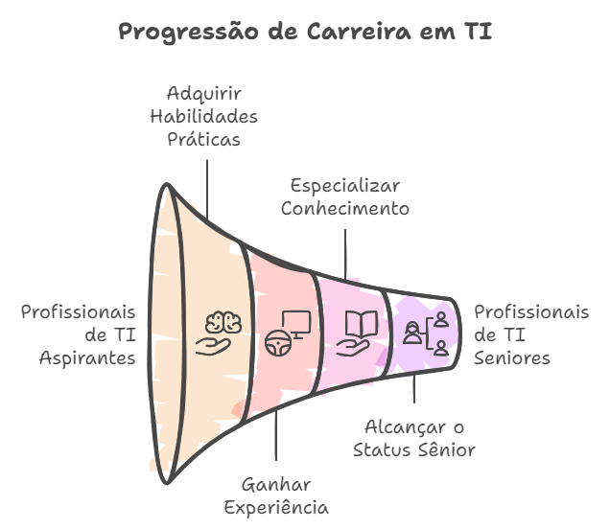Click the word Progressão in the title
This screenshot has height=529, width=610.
coord(189,32)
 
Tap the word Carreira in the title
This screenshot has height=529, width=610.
coord(359,31)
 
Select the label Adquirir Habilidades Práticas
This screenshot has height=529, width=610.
coord(204,117)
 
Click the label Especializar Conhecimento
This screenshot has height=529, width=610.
coord(345,197)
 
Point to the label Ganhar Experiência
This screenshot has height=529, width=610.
coord(276,496)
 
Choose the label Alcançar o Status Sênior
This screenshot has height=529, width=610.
coord(414,439)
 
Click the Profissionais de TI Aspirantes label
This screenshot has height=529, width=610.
coord(79,335)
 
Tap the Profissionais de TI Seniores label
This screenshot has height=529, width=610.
coord(531,335)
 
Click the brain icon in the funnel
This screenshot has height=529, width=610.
coord(223,322)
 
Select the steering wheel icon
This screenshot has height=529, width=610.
coord(278,343)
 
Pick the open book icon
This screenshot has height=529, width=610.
coord(362,324)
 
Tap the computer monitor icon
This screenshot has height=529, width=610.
coord(296,324)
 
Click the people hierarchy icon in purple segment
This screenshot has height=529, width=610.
coord(426,333)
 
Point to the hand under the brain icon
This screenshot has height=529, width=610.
coord(213,346)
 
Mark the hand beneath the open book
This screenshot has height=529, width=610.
coord(352,348)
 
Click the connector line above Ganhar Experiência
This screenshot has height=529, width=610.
coord(276,435)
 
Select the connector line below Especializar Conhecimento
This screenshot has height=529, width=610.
coord(345,254)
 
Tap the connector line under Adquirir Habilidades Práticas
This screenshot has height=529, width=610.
coord(207,190)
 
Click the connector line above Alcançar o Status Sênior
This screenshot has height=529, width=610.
coord(414,389)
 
